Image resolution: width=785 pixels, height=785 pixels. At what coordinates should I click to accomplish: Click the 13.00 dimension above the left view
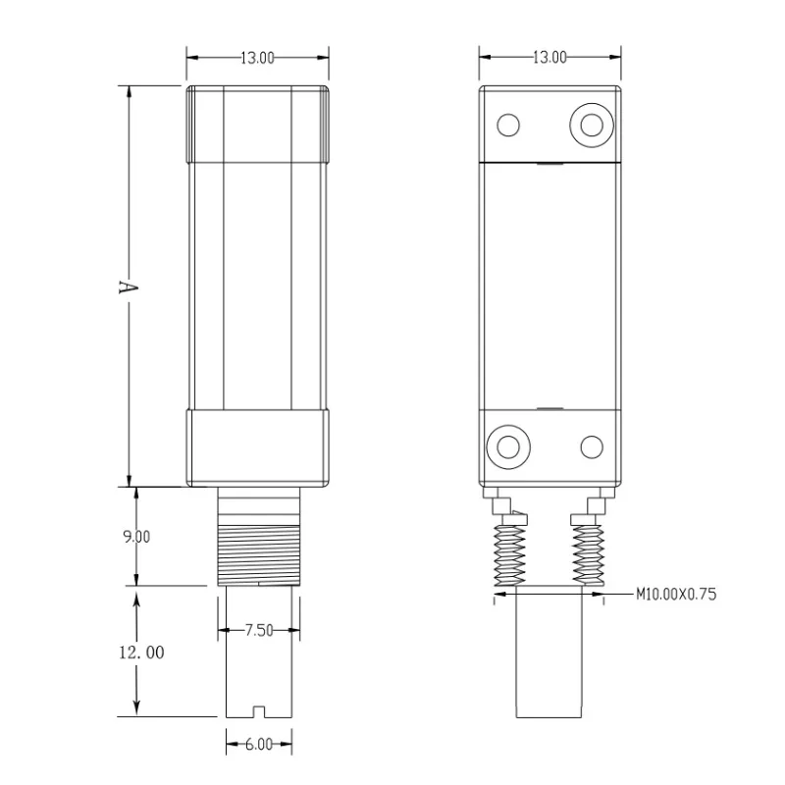(257, 58)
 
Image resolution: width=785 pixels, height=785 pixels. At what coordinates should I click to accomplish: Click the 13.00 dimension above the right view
(549, 58)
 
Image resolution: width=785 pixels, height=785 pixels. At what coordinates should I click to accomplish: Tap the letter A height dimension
(128, 287)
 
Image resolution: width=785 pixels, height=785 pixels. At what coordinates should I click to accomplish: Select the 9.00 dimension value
(136, 537)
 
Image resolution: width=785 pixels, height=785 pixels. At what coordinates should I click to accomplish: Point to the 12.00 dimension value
(141, 653)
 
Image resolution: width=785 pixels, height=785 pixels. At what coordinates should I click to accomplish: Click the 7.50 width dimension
(259, 630)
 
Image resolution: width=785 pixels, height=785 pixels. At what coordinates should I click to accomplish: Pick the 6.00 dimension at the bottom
(259, 745)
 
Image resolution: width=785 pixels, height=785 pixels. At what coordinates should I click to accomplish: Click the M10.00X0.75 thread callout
(676, 595)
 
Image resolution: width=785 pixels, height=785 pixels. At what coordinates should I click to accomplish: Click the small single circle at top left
(508, 126)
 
